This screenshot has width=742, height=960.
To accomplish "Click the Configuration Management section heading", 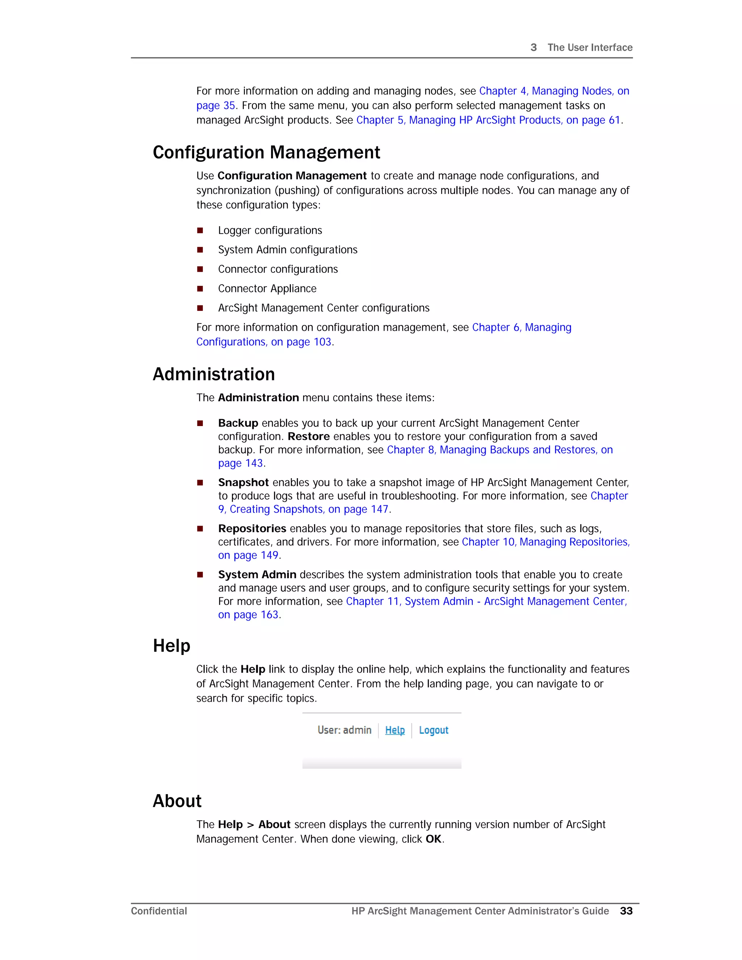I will click(x=266, y=153).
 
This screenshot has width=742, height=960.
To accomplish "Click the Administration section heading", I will click(x=214, y=375).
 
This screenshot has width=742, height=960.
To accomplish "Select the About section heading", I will click(x=177, y=801).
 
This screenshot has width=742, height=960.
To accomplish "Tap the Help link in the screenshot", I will click(x=395, y=730).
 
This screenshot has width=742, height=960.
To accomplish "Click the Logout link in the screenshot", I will click(x=433, y=730).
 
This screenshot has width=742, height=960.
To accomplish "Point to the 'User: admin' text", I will click(x=344, y=730).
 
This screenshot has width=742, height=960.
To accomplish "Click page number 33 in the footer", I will click(x=626, y=911).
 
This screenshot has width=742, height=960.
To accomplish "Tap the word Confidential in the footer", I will click(x=159, y=911).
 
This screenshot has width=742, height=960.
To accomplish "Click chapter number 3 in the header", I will click(x=534, y=47).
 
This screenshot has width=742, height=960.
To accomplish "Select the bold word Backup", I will click(x=238, y=423).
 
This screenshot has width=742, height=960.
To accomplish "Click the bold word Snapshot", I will click(x=243, y=482).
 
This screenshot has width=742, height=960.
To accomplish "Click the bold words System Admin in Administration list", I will click(x=257, y=575).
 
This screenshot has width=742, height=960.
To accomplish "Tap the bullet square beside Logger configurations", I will click(x=200, y=230).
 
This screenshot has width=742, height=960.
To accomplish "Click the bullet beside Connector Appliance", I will click(x=200, y=289).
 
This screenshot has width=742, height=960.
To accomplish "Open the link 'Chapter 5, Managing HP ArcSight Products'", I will click(x=488, y=120).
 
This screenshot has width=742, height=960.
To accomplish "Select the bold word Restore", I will click(x=309, y=437).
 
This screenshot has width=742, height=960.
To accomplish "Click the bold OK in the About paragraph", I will click(x=433, y=839).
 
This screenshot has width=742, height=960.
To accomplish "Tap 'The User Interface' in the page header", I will click(x=589, y=47).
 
